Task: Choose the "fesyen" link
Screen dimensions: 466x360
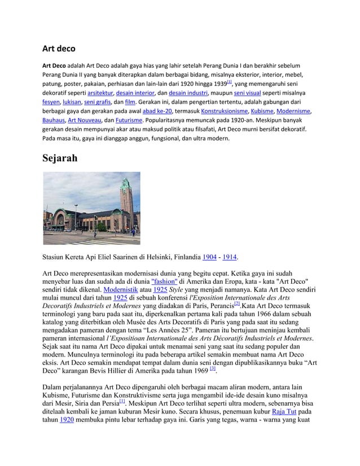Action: click(51, 103)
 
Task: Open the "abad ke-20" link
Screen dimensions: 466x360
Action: click(157, 112)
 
